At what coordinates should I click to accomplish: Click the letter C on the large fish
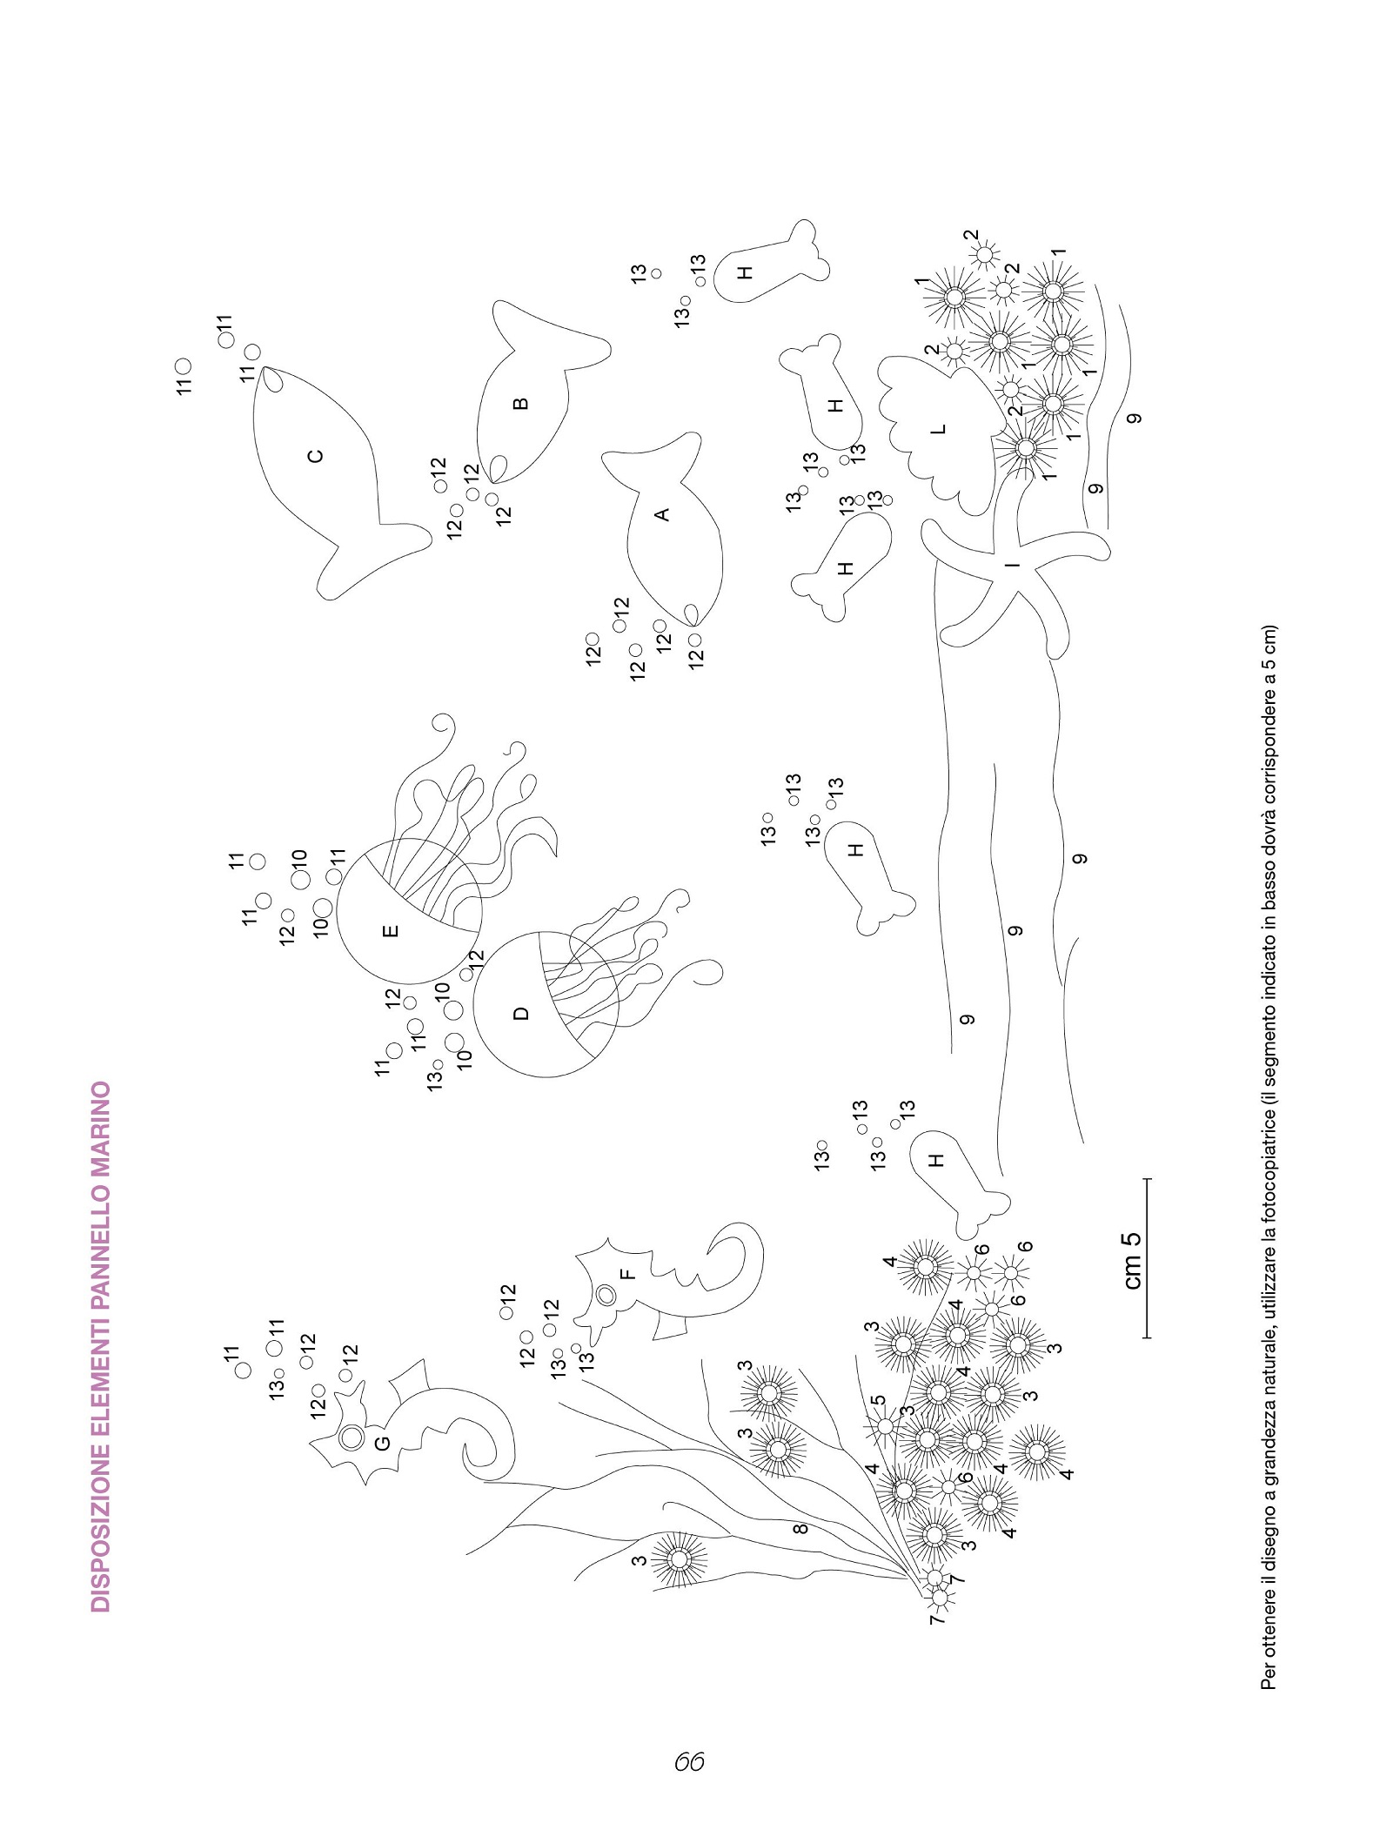(x=316, y=455)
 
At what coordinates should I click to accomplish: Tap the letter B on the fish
(x=520, y=403)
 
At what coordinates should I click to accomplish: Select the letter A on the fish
(x=662, y=514)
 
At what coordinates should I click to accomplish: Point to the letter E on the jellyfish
(x=392, y=930)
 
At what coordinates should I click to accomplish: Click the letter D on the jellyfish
(x=520, y=1013)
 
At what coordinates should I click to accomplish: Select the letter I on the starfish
(x=1011, y=564)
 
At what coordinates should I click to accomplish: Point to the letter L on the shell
(x=937, y=429)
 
